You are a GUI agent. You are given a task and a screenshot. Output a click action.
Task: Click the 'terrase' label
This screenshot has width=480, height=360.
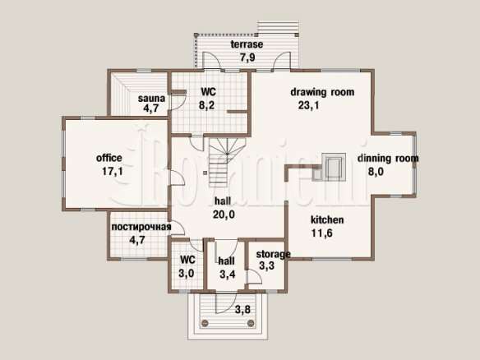click(x=247, y=44)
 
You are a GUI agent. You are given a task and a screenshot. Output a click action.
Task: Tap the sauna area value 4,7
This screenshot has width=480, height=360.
click(x=151, y=108)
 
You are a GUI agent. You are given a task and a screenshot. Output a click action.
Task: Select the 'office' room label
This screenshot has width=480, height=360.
click(x=109, y=158)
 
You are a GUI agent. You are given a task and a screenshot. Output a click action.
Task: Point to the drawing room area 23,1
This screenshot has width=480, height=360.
click(x=308, y=105)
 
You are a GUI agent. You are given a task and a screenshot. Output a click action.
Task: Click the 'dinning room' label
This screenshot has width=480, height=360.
click(x=388, y=159)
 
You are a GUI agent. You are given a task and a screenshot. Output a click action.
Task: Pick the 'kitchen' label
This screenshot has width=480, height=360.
click(x=327, y=219)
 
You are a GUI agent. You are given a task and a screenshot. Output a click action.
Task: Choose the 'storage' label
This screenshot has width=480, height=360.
click(x=273, y=254)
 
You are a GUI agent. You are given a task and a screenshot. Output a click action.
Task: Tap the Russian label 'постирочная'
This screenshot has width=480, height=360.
click(x=141, y=227)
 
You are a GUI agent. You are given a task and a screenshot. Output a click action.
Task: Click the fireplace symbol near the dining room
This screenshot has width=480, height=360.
click(x=330, y=167)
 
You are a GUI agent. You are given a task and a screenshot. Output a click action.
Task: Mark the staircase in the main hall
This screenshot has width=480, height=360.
click(x=227, y=162)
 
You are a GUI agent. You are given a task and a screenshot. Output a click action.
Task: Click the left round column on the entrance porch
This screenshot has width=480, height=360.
click(x=205, y=323)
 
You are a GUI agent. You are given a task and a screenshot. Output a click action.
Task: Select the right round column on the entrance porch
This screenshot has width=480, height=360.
click(x=251, y=323)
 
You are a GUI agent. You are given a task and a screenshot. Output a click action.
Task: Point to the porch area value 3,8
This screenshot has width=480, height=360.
click(x=242, y=310)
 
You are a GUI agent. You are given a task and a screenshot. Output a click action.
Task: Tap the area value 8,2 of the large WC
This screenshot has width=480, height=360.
click(x=206, y=105)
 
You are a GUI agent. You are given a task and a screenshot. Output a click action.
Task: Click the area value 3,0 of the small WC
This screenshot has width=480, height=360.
click(x=187, y=273)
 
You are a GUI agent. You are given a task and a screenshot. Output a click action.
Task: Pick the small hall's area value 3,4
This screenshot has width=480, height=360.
click(x=228, y=274)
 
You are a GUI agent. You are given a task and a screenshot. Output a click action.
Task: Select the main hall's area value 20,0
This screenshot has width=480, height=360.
click(x=224, y=215)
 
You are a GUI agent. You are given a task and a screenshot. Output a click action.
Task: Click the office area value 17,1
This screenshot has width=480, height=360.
click(x=113, y=171)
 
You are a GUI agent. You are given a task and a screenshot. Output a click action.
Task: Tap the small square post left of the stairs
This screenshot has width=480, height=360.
click(x=205, y=173)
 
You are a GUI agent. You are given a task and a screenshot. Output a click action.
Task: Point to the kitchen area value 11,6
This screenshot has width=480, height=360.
click(x=322, y=233)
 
